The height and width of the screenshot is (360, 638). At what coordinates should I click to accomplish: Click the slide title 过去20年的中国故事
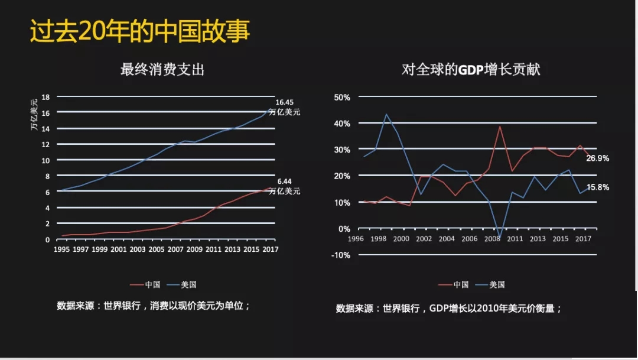pyautogui.click(x=140, y=32)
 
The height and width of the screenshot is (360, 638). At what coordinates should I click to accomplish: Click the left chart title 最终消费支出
pyautogui.click(x=162, y=70)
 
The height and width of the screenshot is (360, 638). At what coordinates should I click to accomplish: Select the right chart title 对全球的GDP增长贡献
pyautogui.click(x=471, y=70)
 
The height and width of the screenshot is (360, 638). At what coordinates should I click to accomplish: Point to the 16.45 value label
pyautogui.click(x=285, y=102)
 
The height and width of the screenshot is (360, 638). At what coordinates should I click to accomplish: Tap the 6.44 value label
pyautogui.click(x=285, y=181)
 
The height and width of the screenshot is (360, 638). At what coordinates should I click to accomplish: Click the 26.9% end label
pyautogui.click(x=598, y=158)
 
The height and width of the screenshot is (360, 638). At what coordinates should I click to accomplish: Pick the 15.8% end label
pyautogui.click(x=598, y=187)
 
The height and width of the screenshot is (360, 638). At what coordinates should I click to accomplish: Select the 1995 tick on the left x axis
pyautogui.click(x=61, y=249)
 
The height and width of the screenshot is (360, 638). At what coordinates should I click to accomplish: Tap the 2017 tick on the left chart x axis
pyautogui.click(x=270, y=249)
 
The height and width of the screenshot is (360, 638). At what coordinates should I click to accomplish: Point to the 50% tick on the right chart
pyautogui.click(x=343, y=97)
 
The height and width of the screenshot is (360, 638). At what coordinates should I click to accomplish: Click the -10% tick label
pyautogui.click(x=341, y=255)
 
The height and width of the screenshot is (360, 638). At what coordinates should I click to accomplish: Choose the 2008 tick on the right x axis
pyautogui.click(x=492, y=239)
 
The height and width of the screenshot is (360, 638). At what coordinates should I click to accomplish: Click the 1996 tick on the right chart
pyautogui.click(x=356, y=239)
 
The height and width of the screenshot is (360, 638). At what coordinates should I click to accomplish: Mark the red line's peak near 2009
pyautogui.click(x=500, y=126)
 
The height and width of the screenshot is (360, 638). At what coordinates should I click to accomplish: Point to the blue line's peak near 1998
pyautogui.click(x=386, y=114)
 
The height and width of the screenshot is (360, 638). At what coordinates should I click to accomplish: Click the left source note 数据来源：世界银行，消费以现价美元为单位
pyautogui.click(x=154, y=306)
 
